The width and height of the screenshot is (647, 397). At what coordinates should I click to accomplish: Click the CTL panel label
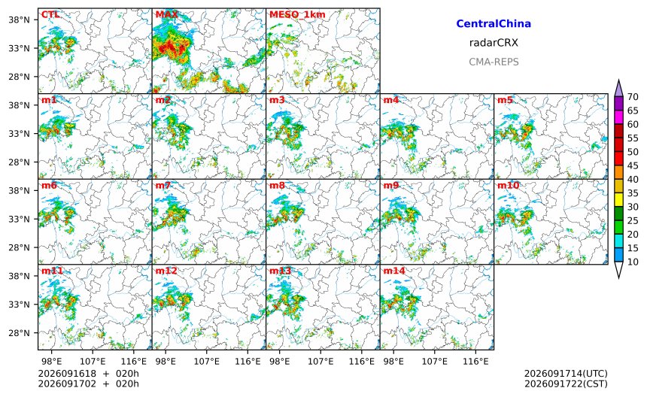point(50,14)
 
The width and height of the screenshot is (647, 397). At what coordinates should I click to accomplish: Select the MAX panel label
point(167,14)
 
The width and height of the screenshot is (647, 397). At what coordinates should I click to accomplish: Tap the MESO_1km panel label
point(297,14)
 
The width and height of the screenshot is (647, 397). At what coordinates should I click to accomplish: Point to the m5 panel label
point(505,100)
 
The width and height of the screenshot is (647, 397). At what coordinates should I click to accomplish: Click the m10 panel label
point(508,185)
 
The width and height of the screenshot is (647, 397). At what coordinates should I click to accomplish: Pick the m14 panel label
point(394,271)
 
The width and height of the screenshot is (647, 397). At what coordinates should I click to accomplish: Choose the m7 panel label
point(163,185)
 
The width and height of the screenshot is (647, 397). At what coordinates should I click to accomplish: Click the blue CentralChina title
point(494,23)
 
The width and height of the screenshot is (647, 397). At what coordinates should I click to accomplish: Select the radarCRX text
point(494,42)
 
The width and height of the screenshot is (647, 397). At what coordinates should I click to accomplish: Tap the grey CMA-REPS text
point(494,62)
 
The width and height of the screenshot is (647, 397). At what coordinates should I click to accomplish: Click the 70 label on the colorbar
point(633,97)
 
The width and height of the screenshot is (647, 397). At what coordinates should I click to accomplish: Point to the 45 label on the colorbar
point(633,165)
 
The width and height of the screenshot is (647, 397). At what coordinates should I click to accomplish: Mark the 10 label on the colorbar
point(633,262)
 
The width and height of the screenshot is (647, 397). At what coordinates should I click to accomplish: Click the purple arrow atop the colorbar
point(618,88)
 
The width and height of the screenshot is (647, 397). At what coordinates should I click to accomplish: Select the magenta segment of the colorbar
point(618,117)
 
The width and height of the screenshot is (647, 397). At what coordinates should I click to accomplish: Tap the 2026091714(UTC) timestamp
point(566,374)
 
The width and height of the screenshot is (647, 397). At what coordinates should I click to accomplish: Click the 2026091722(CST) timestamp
point(566,383)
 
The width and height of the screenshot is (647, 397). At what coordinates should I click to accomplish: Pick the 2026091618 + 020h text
point(88,374)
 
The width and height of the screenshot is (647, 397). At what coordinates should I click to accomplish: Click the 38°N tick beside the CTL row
point(20,20)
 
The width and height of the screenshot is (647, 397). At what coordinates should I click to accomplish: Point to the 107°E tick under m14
point(435,362)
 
